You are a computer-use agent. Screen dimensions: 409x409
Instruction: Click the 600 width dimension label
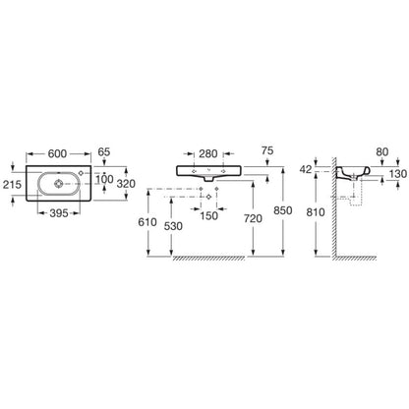pyautogui.click(x=57, y=153)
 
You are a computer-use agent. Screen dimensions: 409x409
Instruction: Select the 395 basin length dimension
pyautogui.click(x=59, y=213)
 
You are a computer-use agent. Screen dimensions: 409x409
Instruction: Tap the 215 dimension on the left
pyautogui.click(x=12, y=185)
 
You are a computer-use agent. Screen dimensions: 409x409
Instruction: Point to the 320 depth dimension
pyautogui.click(x=126, y=184)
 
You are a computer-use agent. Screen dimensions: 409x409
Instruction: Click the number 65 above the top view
pyautogui.click(x=104, y=152)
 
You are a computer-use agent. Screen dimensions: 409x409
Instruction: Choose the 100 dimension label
pyautogui.click(x=104, y=179)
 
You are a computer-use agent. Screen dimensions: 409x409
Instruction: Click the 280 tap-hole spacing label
pyautogui.click(x=208, y=153)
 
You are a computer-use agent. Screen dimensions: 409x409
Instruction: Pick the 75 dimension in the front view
pyautogui.click(x=267, y=150)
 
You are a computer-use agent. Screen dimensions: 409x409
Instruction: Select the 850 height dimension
pyautogui.click(x=282, y=210)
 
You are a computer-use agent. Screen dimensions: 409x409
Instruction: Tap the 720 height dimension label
pyautogui.click(x=253, y=218)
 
